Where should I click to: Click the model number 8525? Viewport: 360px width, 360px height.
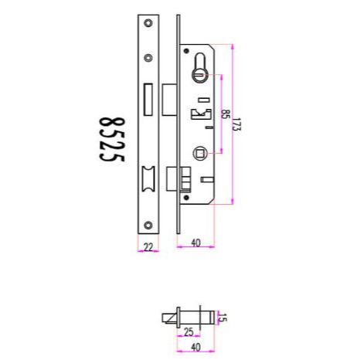112,140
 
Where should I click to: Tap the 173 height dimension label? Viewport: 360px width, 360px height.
237,124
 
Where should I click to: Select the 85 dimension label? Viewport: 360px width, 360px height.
226,114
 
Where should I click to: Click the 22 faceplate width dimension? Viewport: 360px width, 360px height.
148,247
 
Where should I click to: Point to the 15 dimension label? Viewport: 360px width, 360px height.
222,318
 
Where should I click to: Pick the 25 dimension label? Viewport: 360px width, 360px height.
188,332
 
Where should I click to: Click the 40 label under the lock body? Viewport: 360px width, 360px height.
195,243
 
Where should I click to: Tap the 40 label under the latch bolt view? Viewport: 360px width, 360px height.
195,347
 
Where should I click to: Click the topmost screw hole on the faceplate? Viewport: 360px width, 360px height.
148,23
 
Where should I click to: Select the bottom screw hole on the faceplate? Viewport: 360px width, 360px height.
148,226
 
